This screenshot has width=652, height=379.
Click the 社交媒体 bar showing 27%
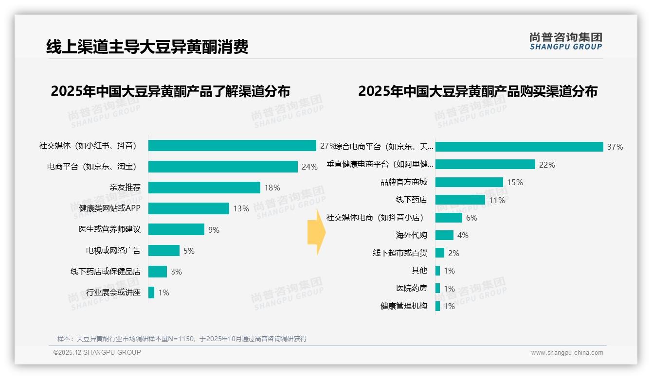coord(232,146)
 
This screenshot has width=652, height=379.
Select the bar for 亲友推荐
coord(204,188)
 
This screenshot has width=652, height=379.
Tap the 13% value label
coord(241,209)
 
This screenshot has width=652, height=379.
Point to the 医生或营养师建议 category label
coord(109,229)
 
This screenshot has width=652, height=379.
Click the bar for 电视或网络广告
coord(164,251)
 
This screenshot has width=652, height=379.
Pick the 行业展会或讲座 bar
coord(151,293)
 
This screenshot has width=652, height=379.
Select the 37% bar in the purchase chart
coord(519,147)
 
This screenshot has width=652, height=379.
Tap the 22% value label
coord(547,165)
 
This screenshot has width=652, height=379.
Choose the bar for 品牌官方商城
coord(469,182)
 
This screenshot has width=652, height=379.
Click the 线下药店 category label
coord(412,200)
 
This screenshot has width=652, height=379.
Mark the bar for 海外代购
coord(444,235)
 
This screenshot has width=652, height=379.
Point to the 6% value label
coord(471,218)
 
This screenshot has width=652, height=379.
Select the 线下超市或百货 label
coord(400,253)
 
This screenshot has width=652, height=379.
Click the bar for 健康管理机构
coord(438,306)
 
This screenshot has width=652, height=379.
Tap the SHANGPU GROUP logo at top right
coord(565,41)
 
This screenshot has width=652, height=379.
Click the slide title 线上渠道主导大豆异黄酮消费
coord(147,47)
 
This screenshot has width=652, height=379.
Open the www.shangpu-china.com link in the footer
coord(567,353)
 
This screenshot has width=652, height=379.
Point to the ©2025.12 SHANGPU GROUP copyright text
coord(97,352)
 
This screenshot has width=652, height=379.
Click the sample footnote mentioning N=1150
coord(182,339)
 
